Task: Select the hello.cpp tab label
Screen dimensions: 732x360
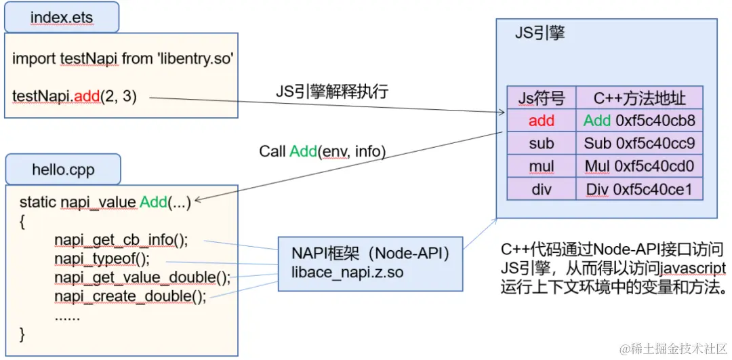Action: pyautogui.click(x=63, y=169)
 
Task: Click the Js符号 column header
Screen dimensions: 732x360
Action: pyautogui.click(x=542, y=98)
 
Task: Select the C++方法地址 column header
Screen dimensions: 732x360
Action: pyautogui.click(x=640, y=98)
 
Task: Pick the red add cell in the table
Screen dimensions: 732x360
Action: pyautogui.click(x=542, y=121)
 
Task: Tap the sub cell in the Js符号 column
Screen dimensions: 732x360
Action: pyautogui.click(x=542, y=143)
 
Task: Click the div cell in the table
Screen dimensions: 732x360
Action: pyautogui.click(x=542, y=188)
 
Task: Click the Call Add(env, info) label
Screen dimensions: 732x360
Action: pyautogui.click(x=323, y=152)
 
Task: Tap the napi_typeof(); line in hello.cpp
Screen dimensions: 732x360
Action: pyautogui.click(x=102, y=259)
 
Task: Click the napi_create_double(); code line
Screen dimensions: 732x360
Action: pyautogui.click(x=130, y=297)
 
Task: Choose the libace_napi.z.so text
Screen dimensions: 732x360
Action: pyautogui.click(x=348, y=272)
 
